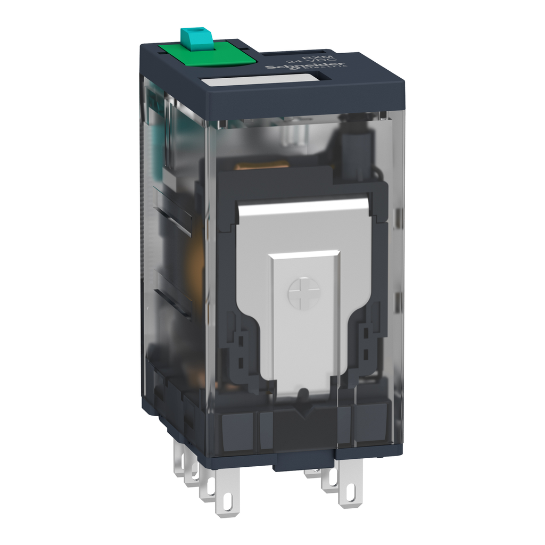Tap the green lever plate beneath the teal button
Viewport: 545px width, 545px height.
[210, 54]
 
